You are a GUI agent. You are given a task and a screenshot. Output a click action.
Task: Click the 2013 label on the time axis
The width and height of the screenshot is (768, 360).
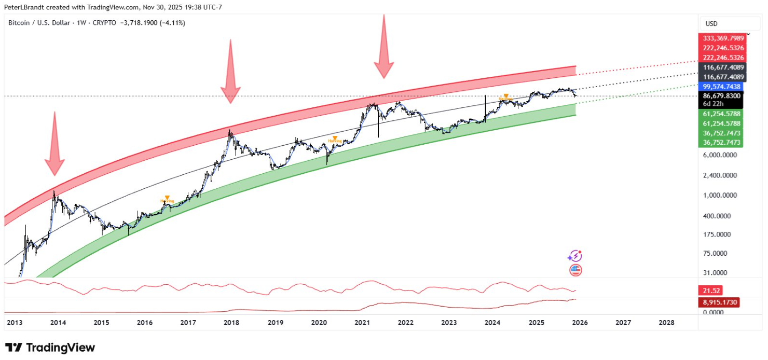click(14, 323)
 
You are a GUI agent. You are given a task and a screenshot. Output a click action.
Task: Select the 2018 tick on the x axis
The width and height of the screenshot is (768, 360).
click(231, 323)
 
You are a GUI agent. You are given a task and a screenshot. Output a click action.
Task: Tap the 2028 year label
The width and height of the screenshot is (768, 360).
click(666, 323)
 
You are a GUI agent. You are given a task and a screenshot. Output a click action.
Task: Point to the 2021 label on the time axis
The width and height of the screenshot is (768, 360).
click(362, 323)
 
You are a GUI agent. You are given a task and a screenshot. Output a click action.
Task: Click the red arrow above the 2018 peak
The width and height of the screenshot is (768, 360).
click(230, 73)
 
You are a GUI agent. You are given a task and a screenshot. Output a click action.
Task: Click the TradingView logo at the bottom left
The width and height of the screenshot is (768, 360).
click(50, 348)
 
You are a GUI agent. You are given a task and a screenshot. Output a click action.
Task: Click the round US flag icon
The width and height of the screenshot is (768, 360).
click(575, 270)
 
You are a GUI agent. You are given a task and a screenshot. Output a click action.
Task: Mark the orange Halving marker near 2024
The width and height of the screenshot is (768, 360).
click(505, 97)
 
